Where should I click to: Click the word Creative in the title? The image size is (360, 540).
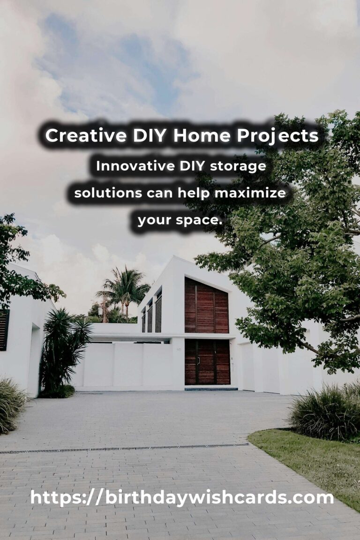click(86, 135)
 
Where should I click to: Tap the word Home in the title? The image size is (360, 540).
click(202, 135)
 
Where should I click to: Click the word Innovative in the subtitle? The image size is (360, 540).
click(135, 166)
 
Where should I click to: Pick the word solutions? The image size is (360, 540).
click(108, 193)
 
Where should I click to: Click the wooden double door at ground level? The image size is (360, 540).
click(207, 362)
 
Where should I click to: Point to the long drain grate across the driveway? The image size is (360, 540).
click(124, 449)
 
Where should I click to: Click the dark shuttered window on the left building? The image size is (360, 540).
click(4, 330)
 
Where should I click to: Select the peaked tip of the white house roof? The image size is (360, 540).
click(175, 256)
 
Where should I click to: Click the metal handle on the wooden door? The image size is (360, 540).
click(199, 360)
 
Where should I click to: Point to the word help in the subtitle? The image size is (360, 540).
click(194, 193)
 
